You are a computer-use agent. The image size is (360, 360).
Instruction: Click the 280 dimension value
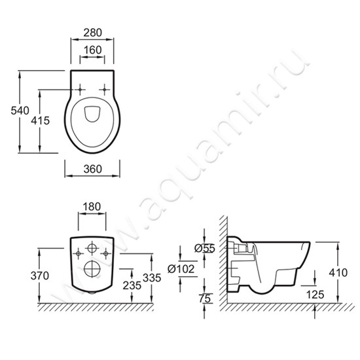pyautogui.click(x=92, y=33)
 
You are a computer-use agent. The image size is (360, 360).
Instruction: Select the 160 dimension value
pyautogui.click(x=92, y=50)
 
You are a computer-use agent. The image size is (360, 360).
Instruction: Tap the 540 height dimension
pyautogui.click(x=20, y=111)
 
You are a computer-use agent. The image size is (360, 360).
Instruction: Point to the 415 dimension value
pyautogui.click(x=41, y=120)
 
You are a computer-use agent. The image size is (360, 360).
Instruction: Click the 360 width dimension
pyautogui.click(x=92, y=170)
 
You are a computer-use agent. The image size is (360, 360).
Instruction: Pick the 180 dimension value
pyautogui.click(x=92, y=207)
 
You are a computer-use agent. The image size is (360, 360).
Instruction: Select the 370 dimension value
pyautogui.click(x=40, y=276)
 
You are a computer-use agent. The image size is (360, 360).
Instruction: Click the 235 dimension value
pyautogui.click(x=132, y=285)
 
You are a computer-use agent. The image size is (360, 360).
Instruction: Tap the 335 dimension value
pyautogui.click(x=152, y=278)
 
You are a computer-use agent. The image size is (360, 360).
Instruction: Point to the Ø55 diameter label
pyautogui.click(x=205, y=248)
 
